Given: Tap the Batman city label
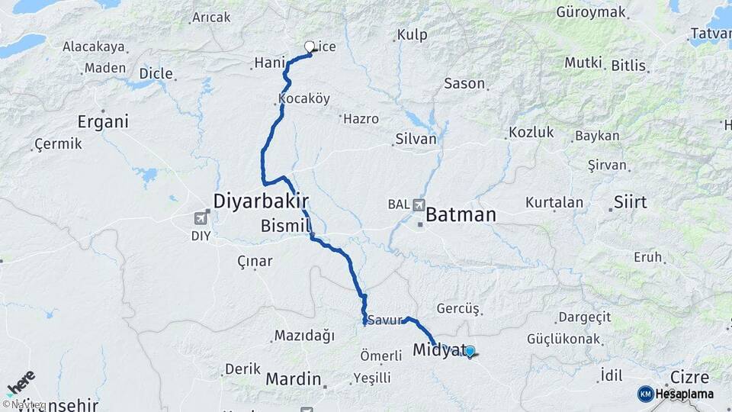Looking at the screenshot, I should click(x=461, y=215).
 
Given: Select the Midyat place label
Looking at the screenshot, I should click(x=438, y=350).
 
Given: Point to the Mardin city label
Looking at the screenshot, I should click(x=293, y=378).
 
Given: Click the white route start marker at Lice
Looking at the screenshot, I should click(x=310, y=47).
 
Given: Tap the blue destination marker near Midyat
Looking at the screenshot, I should click(x=470, y=352).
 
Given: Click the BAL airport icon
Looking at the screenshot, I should click(x=419, y=204).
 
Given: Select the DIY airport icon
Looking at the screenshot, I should click(x=201, y=220).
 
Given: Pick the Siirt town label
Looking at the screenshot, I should click(x=629, y=202).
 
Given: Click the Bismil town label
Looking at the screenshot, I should click(x=286, y=227).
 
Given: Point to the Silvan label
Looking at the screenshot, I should click(x=416, y=140).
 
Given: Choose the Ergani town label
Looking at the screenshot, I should click(x=103, y=122).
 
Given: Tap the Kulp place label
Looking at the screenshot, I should click(x=412, y=35).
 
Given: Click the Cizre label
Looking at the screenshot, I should click(x=689, y=377).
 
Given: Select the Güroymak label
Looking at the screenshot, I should click(x=590, y=12).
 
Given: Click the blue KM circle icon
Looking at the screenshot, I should click(x=645, y=394).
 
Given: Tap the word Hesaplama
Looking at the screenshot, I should click(x=684, y=394).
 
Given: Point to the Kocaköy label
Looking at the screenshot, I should click(x=303, y=99).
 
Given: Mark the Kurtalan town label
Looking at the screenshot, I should click(x=554, y=203).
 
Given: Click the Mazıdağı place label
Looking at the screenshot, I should click(x=304, y=335).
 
